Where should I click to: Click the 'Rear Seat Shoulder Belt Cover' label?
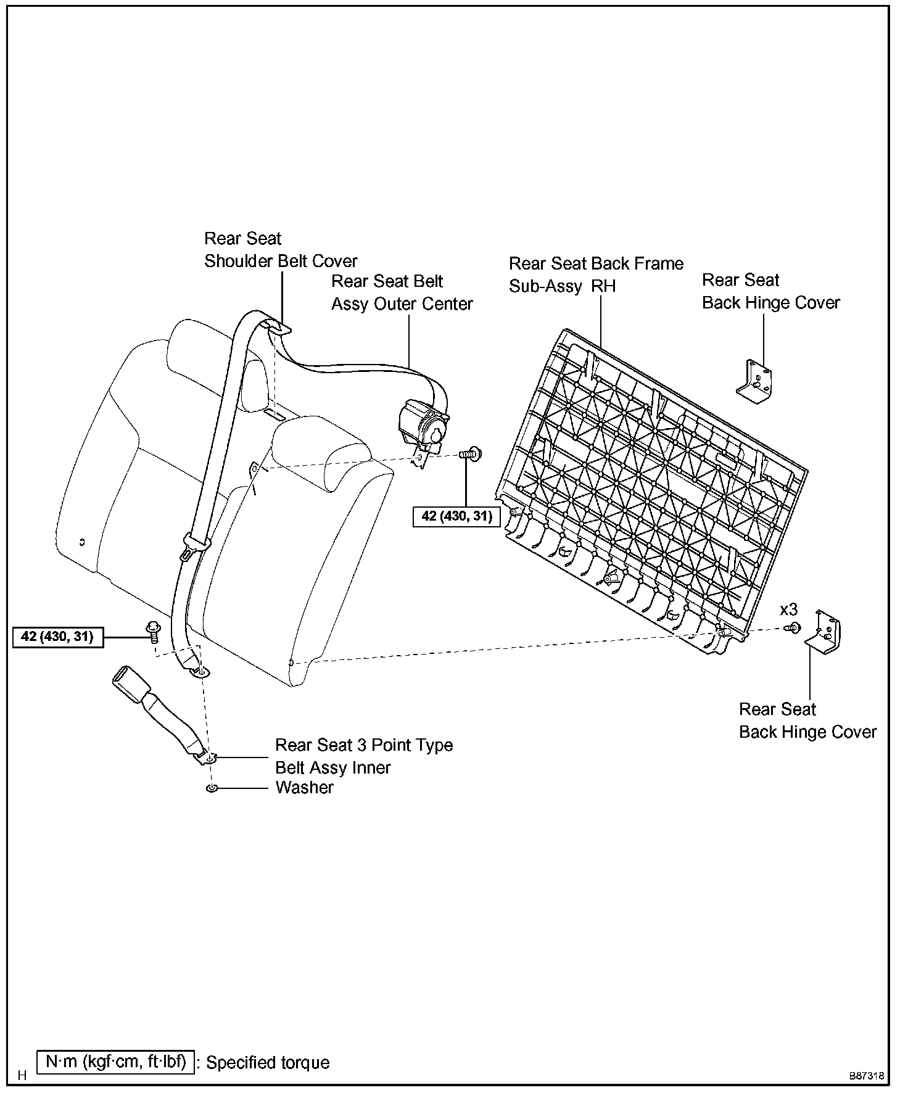(281, 250)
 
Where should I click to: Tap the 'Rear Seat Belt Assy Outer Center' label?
(402, 292)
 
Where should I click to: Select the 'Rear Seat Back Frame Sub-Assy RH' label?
(596, 274)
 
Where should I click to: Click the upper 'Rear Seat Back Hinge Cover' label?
(771, 291)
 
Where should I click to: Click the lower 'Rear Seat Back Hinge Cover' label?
(807, 720)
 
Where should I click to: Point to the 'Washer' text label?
(304, 788)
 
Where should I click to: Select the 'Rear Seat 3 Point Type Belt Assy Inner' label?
(364, 756)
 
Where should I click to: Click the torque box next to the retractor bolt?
(456, 516)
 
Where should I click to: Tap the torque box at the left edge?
(57, 637)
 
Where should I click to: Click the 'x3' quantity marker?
(788, 610)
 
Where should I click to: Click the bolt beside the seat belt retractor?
(471, 455)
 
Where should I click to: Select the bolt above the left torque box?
(152, 630)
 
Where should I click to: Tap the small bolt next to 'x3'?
(792, 629)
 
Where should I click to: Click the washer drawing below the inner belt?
(212, 789)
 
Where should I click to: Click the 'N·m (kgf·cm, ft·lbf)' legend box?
(115, 1062)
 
